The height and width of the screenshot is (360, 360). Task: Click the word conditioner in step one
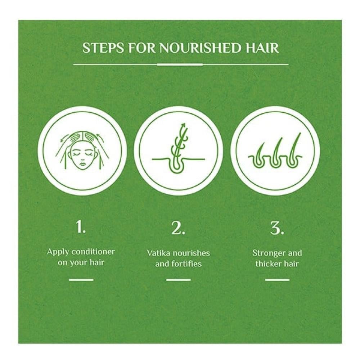93,252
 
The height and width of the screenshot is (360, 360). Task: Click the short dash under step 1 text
81,280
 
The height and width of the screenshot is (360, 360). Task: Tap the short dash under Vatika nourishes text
179,280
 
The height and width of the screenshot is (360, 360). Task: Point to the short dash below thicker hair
277,280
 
